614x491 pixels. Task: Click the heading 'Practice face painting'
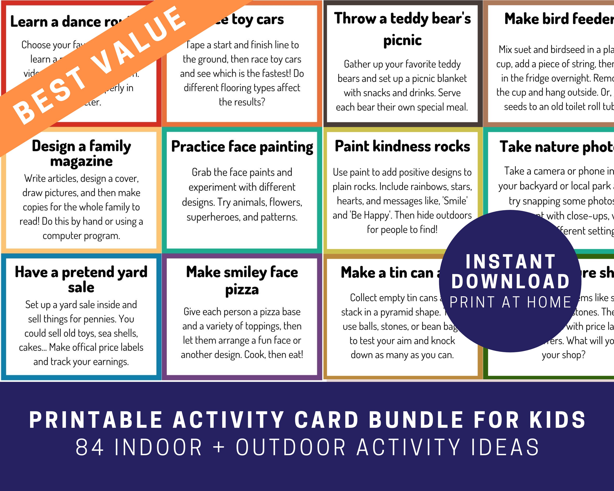[x=242, y=147]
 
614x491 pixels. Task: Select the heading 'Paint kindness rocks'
[x=402, y=146]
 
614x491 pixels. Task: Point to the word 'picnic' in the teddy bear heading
[x=402, y=40]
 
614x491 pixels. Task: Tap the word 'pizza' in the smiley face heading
[x=242, y=290]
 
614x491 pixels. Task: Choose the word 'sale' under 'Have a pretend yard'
[x=81, y=287]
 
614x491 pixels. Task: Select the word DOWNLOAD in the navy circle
[x=510, y=282]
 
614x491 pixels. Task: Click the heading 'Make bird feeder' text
[x=558, y=19]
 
